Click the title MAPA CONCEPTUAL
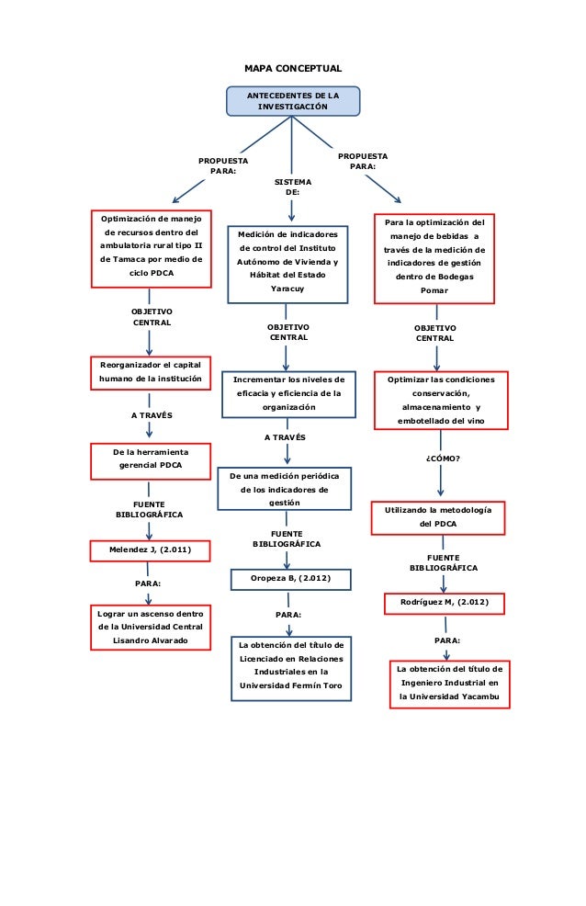click(292, 69)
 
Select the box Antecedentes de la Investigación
click(293, 101)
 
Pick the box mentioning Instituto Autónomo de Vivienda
click(287, 262)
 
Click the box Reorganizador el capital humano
click(151, 371)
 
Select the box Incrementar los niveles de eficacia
click(288, 392)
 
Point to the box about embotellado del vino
click(440, 401)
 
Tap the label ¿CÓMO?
click(442, 458)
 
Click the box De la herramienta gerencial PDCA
click(151, 459)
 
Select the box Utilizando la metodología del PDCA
click(437, 516)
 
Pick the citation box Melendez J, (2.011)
click(151, 549)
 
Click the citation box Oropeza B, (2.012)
click(289, 579)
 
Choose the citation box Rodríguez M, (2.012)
click(444, 603)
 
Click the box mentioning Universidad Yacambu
click(449, 684)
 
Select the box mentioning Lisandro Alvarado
click(151, 626)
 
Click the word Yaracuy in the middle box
click(287, 289)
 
